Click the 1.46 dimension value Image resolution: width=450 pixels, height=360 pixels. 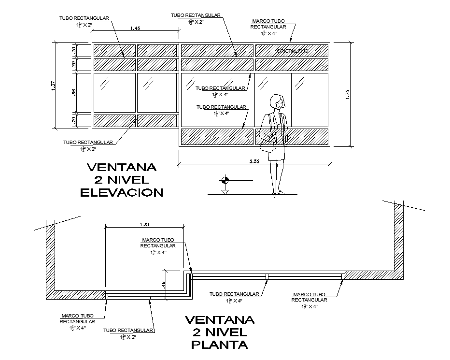point(135,29)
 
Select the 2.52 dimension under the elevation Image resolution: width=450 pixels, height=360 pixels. point(254,161)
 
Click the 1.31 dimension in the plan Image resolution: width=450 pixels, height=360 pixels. point(144,224)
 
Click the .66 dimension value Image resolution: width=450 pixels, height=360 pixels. point(74,92)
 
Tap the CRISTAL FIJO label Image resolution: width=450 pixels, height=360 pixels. point(293,51)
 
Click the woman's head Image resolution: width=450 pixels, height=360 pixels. point(277,101)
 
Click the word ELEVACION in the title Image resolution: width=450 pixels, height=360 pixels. point(122,192)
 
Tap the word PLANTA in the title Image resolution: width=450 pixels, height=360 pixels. point(220,345)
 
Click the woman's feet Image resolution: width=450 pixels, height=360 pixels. point(279,192)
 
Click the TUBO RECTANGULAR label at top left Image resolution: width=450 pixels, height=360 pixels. point(84,18)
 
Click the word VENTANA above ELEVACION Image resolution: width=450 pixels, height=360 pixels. point(122,168)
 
